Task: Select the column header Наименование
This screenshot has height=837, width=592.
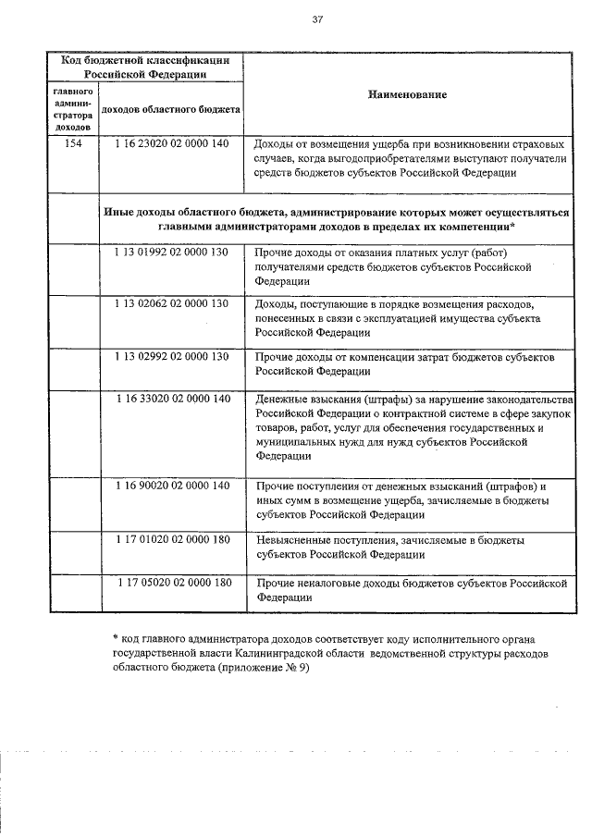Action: pyautogui.click(x=407, y=95)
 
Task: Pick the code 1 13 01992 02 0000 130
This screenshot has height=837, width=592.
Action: pyautogui.click(x=172, y=253)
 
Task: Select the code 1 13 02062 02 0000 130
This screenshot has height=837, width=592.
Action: pyautogui.click(x=172, y=303)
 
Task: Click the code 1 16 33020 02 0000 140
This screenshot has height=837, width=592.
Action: pyautogui.click(x=172, y=399)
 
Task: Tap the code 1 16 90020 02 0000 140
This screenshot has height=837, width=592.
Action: pyautogui.click(x=172, y=486)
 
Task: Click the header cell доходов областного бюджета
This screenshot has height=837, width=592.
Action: pyautogui.click(x=169, y=109)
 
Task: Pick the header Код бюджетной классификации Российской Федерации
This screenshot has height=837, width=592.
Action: pyautogui.click(x=145, y=67)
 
